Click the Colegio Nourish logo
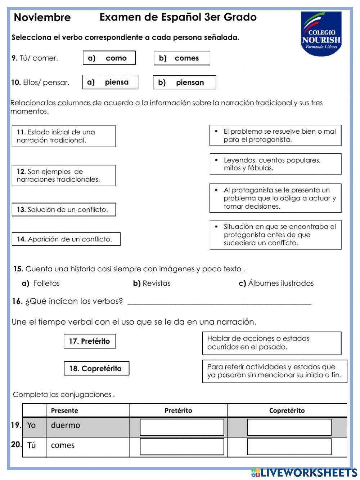point(321,34)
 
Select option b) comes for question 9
point(182,58)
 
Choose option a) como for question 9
point(109,58)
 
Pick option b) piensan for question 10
point(184,83)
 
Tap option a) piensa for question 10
point(110,82)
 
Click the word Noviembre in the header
point(42,17)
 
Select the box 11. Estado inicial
point(64,136)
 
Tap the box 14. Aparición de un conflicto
point(66,239)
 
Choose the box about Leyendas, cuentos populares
point(275,164)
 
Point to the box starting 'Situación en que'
point(275,235)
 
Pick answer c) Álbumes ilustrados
point(276,283)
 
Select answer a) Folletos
point(41,283)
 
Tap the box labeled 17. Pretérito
point(90,341)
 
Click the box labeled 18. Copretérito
point(96,369)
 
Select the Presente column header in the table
point(65,410)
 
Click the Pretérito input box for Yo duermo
point(182,427)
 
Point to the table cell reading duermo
point(66,426)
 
